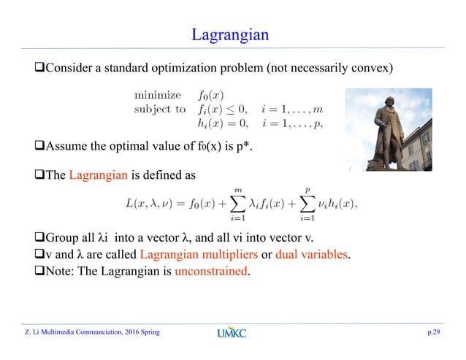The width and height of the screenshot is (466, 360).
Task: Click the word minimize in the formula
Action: tap(156, 94)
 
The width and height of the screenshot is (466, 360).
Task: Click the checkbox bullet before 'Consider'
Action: tap(40, 68)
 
